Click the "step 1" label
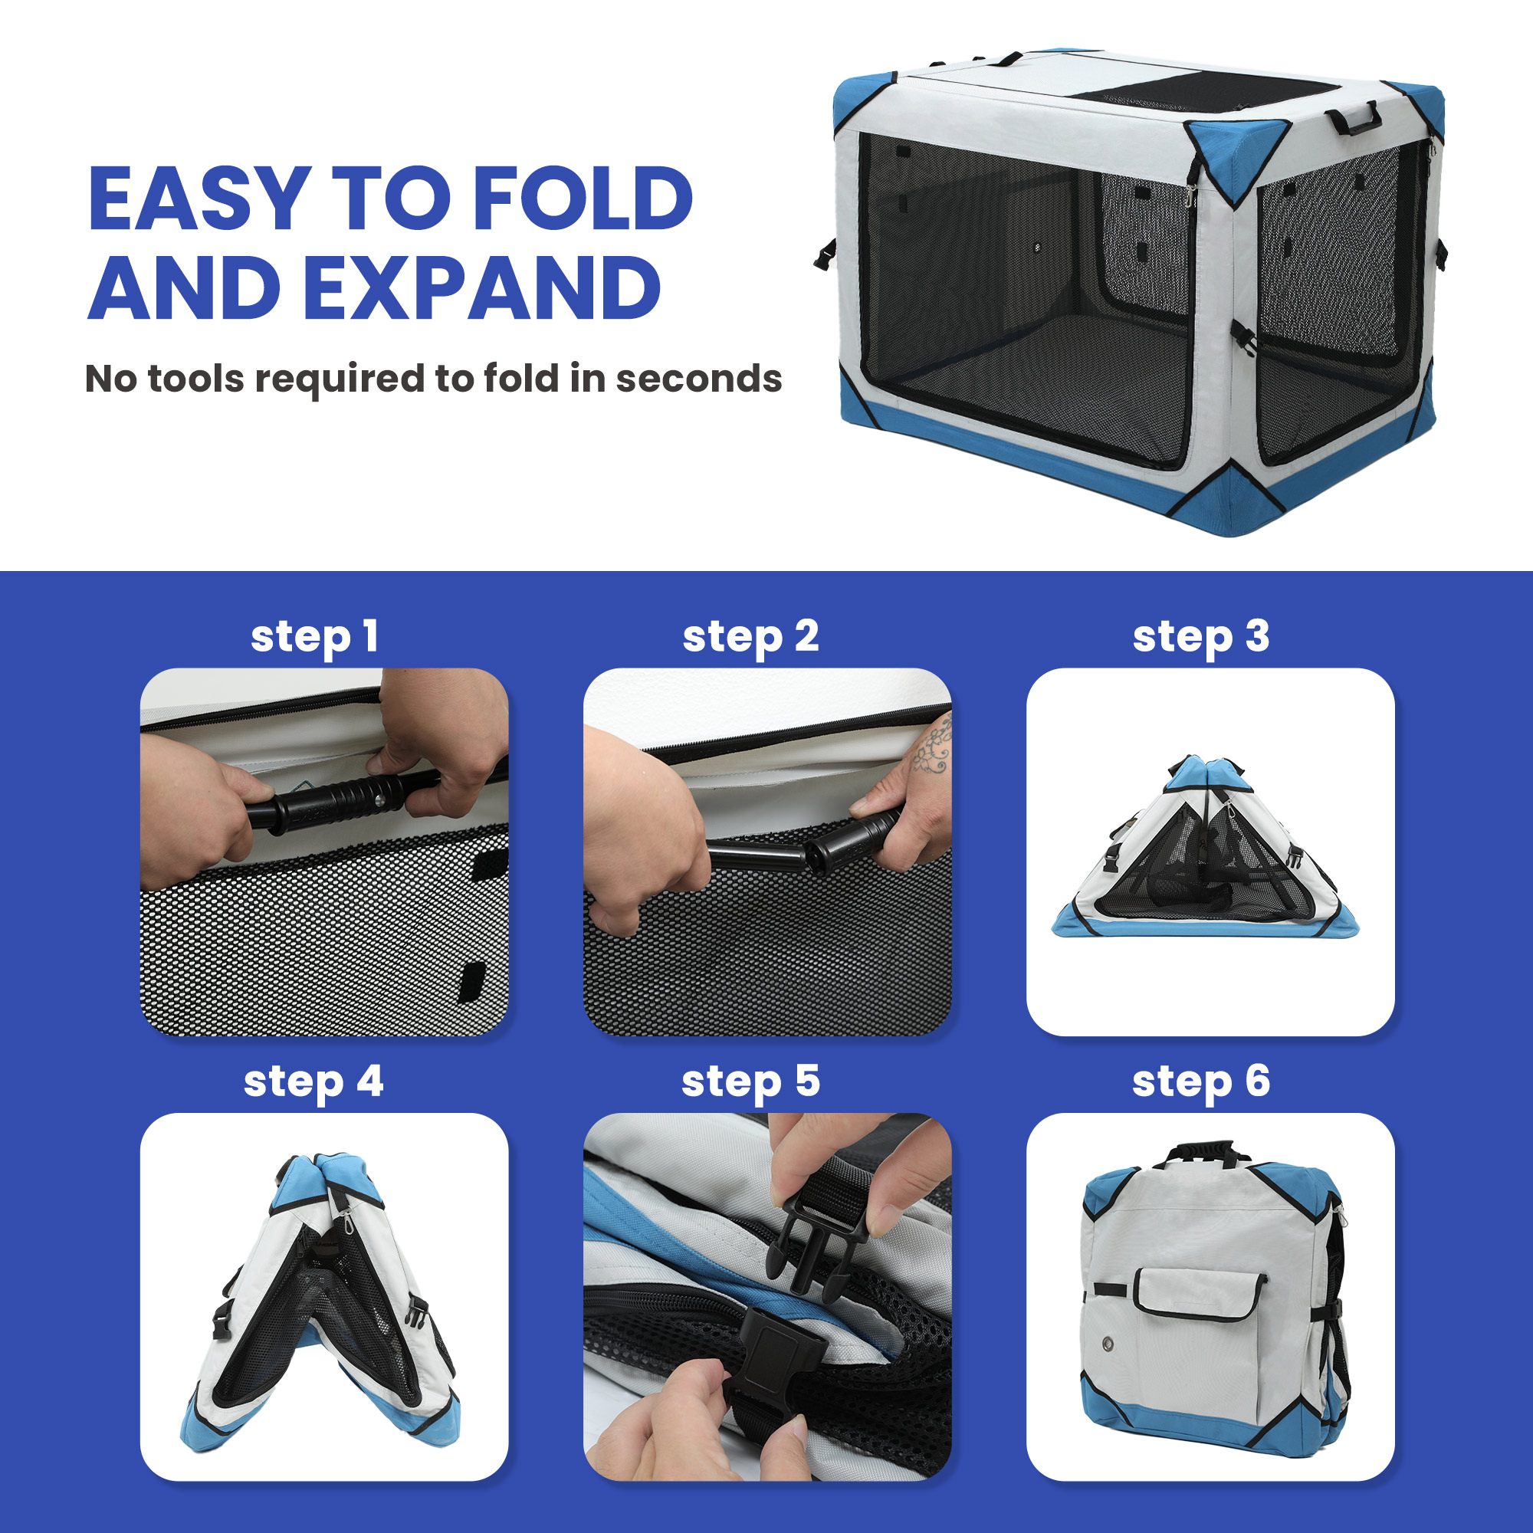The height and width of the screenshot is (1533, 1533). tap(314, 637)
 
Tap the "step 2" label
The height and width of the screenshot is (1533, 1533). tap(750, 637)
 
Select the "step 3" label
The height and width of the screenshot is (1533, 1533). tap(1201, 637)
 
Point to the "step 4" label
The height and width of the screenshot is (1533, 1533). tap(313, 1082)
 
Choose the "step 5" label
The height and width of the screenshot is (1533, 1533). tap(750, 1082)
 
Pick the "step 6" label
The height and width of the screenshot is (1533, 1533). tap(1201, 1082)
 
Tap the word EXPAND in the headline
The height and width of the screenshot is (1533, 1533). tap(481, 288)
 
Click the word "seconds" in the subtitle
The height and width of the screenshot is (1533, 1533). tap(699, 379)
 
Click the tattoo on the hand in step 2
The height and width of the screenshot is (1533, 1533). tap(931, 747)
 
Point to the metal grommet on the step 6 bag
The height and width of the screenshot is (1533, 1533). tap(1108, 1344)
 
